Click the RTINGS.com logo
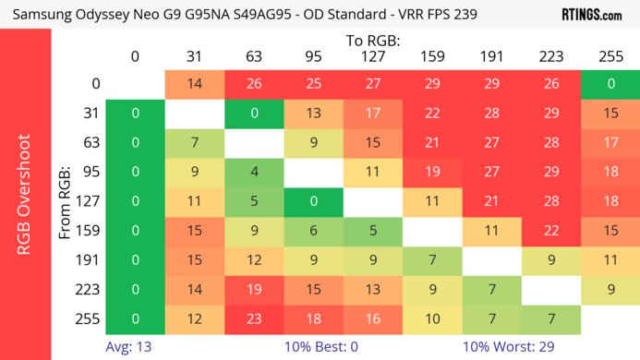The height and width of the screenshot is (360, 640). (x=592, y=14)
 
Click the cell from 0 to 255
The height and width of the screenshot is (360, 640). (x=610, y=83)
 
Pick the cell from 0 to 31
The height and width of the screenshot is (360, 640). (x=194, y=83)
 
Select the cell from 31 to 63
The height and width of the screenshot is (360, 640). (x=253, y=114)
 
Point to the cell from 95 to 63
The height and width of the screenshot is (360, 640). (x=253, y=173)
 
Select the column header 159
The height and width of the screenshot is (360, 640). (x=431, y=57)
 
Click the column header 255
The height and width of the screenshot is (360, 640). (x=610, y=57)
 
